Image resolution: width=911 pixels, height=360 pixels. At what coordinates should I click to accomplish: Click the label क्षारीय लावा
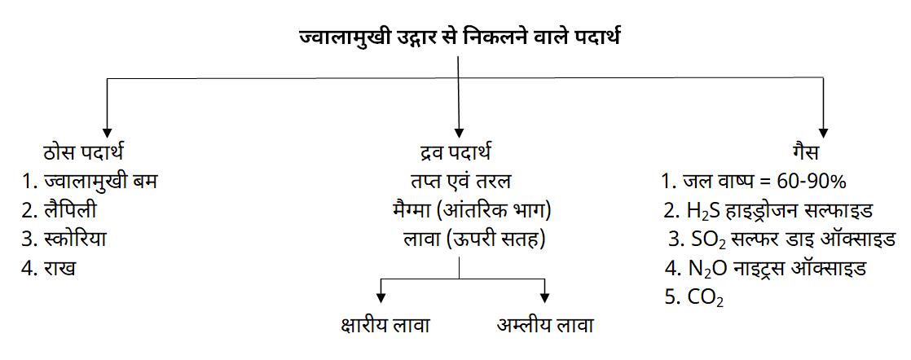click(x=385, y=326)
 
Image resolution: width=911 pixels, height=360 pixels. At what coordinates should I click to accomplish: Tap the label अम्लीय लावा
click(x=545, y=325)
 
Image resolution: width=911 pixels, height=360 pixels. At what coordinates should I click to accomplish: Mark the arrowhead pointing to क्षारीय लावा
click(x=381, y=298)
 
